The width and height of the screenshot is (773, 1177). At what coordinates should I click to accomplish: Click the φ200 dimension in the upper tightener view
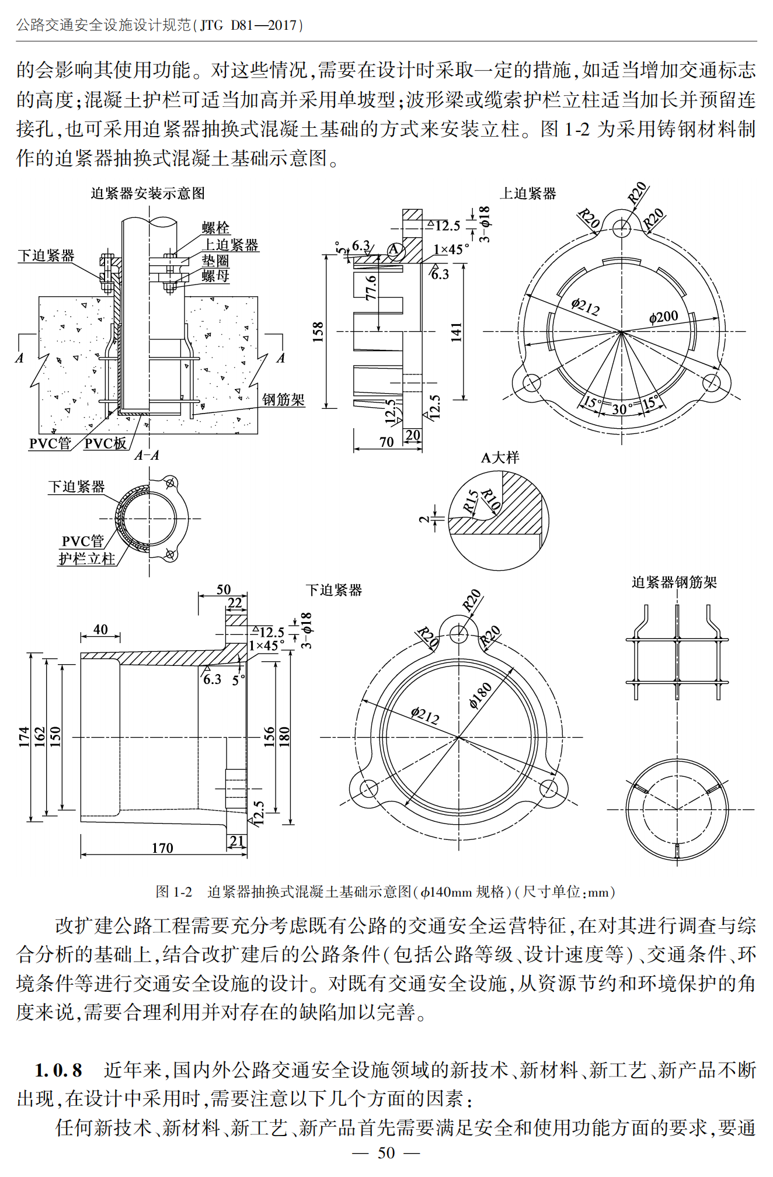pyautogui.click(x=663, y=317)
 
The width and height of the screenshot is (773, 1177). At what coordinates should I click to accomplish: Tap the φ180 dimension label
pyautogui.click(x=480, y=695)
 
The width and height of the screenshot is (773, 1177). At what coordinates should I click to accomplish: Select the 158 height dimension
pyautogui.click(x=318, y=332)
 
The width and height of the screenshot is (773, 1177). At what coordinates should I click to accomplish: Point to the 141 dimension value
pyautogui.click(x=456, y=332)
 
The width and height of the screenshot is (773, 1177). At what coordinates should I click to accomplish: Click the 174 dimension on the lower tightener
pyautogui.click(x=23, y=737)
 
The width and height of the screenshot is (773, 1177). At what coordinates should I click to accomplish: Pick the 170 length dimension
pyautogui.click(x=162, y=848)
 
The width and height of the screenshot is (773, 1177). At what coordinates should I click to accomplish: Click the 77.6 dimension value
pyautogui.click(x=371, y=288)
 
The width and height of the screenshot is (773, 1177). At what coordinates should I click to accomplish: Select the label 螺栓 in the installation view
pyautogui.click(x=215, y=228)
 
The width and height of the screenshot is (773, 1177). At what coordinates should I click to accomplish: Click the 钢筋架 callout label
pyautogui.click(x=283, y=400)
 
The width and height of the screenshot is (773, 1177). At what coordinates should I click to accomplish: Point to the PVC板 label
pyautogui.click(x=106, y=443)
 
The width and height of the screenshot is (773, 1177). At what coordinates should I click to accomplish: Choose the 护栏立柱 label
pyautogui.click(x=87, y=559)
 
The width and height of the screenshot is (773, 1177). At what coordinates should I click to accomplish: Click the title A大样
pyautogui.click(x=500, y=458)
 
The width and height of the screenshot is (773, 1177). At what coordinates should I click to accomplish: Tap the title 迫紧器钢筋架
pyautogui.click(x=674, y=582)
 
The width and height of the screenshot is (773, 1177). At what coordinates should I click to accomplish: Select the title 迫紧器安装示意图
pyautogui.click(x=148, y=193)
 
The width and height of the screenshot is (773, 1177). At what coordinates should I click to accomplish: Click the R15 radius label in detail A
pyautogui.click(x=471, y=502)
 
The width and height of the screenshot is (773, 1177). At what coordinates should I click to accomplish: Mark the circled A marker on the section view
pyautogui.click(x=395, y=250)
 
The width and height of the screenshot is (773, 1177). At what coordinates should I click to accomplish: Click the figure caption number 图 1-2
pyautogui.click(x=173, y=892)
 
